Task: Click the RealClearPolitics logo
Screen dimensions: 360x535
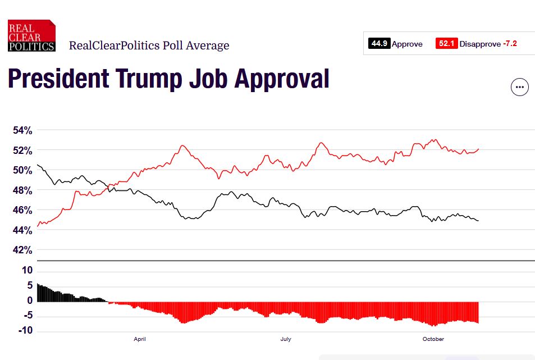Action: pos(31,35)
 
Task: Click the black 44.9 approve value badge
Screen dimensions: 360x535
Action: pos(379,44)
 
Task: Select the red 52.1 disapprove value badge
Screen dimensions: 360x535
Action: pos(446,44)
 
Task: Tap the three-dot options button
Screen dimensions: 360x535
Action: pos(519,87)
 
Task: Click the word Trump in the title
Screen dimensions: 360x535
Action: pos(148,79)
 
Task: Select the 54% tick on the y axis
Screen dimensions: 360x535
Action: pos(23,130)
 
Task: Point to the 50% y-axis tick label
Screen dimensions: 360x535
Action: pos(23,170)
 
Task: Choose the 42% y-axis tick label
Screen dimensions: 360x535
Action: pos(23,250)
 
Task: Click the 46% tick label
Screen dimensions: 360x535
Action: pos(23,210)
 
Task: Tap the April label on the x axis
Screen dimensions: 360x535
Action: pos(140,339)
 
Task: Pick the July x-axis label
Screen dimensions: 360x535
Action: pos(286,339)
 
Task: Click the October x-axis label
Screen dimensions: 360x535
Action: pos(433,339)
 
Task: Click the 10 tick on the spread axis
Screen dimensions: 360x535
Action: pos(28,270)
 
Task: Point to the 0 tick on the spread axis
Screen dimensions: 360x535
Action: pos(30,300)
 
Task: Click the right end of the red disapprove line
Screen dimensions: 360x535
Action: pos(478,149)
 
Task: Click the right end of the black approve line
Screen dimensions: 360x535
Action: pos(478,221)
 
